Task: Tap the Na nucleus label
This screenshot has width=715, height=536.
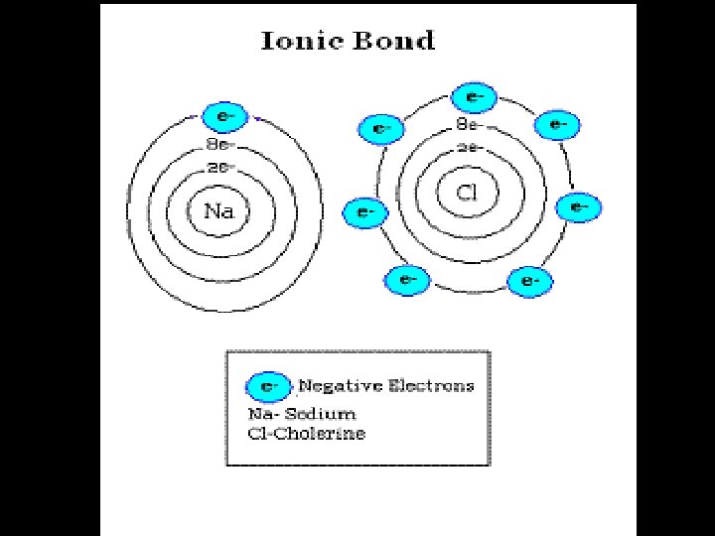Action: point(220,210)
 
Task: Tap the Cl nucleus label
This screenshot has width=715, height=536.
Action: point(468,193)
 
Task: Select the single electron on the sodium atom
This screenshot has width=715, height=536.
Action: point(223,117)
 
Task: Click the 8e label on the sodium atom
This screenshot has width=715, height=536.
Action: point(220,145)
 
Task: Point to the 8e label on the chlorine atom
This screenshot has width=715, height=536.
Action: point(469,125)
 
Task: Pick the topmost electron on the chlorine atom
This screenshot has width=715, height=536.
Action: point(474,97)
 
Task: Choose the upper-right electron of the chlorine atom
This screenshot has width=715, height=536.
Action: point(557,125)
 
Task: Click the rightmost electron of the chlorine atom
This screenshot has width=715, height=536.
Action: point(578,207)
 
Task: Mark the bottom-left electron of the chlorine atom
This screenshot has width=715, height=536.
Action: point(407,280)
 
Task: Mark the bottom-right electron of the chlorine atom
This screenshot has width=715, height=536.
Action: point(528,281)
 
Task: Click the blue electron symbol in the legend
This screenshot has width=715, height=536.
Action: point(267,385)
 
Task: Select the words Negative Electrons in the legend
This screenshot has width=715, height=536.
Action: point(386,385)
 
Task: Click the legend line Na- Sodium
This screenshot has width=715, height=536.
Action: point(301,413)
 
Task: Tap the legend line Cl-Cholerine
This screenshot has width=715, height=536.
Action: point(306,434)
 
